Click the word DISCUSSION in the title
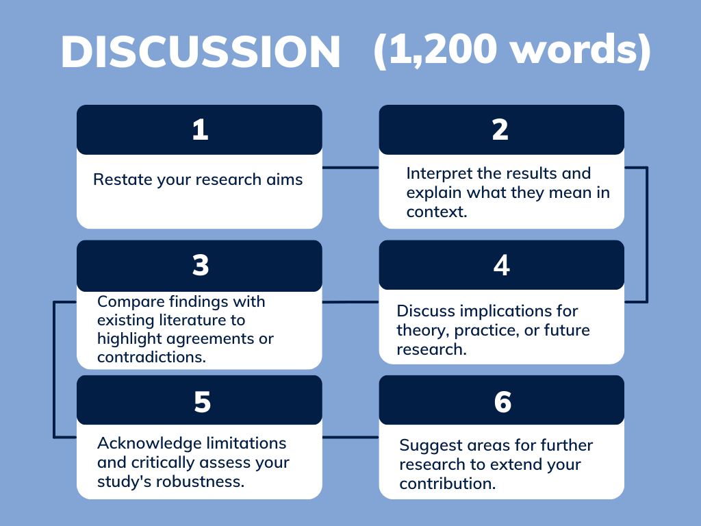click(201, 52)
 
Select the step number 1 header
click(199, 129)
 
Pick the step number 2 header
click(501, 129)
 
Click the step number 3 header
click(200, 265)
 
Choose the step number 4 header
click(501, 265)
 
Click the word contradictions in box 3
click(150, 357)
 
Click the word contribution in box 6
click(447, 484)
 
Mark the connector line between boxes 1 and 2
click(350, 167)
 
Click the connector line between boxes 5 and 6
click(350, 437)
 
